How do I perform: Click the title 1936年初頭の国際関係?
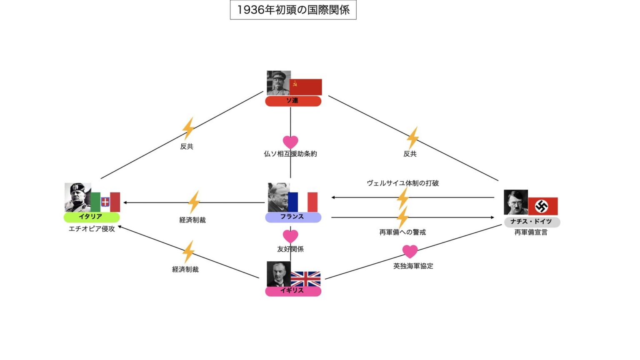click(293, 10)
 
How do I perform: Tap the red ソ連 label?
click(293, 101)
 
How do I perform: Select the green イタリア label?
click(91, 217)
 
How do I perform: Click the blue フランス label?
click(293, 217)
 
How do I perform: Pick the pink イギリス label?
click(293, 290)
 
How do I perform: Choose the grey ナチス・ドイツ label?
click(532, 222)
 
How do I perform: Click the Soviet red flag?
click(306, 87)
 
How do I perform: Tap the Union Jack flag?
click(305, 279)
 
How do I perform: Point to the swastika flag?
click(543, 206)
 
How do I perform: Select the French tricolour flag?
click(303, 202)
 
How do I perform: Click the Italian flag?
click(105, 202)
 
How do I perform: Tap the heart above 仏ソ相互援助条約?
click(290, 142)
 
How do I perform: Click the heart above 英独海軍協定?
click(410, 251)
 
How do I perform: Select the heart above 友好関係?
click(290, 236)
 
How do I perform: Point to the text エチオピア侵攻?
click(92, 229)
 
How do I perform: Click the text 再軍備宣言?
click(531, 232)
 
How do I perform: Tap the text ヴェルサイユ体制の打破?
click(402, 183)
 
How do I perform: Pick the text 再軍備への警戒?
click(402, 232)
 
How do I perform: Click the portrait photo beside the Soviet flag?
click(278, 82)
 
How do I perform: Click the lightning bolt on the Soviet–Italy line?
click(188, 128)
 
